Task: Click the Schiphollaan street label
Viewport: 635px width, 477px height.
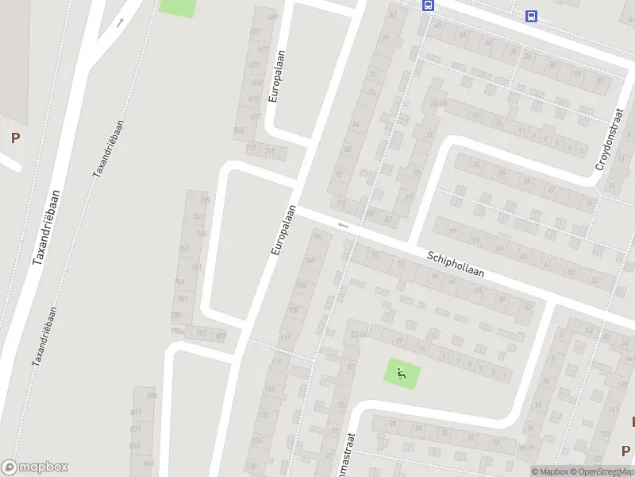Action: [x=455, y=266]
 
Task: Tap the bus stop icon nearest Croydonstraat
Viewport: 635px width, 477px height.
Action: [x=531, y=16]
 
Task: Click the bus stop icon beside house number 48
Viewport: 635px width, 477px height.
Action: [x=429, y=5]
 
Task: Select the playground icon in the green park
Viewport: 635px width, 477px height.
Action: [x=402, y=373]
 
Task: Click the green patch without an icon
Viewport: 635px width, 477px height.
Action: [x=177, y=6]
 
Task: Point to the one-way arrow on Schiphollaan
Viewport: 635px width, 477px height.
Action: [x=343, y=226]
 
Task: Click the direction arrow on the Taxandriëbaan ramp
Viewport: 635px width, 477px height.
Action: [x=121, y=22]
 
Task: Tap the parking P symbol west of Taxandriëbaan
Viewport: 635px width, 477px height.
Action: [x=15, y=138]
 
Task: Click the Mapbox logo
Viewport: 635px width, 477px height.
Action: [x=35, y=467]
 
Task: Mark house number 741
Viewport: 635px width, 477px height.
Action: [x=197, y=218]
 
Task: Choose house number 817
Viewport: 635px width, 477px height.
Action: [x=137, y=411]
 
